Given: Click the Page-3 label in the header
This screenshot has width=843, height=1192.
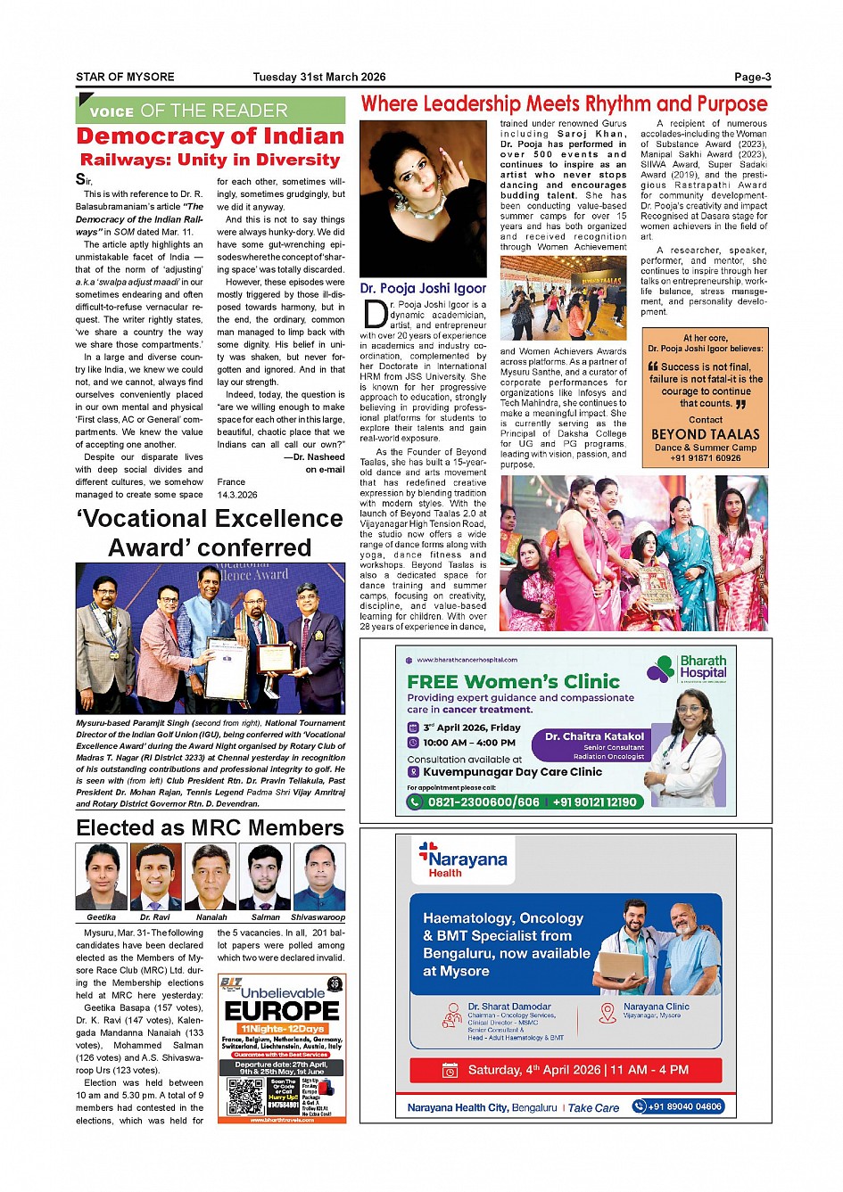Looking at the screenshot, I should pos(752,78).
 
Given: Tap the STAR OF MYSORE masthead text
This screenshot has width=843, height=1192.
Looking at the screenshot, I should pos(125,78).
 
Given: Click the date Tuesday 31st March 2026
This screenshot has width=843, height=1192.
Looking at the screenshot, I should pos(318,78).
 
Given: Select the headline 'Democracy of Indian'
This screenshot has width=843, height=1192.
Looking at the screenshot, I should pos(210,136).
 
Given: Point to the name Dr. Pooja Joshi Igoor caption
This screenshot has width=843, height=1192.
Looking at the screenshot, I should pos(423,288).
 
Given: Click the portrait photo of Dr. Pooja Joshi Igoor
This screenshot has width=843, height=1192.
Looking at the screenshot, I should pos(423,199).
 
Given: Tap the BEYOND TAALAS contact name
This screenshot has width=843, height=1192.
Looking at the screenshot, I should pos(705,434).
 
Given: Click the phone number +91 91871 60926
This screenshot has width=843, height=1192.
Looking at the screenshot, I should pos(705,458).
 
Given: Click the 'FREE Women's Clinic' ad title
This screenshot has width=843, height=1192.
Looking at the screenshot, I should pos(513,681).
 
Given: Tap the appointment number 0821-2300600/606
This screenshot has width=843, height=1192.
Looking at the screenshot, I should pos(473,802).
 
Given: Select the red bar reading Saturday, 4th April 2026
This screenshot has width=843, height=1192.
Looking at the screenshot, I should pos(566,1070).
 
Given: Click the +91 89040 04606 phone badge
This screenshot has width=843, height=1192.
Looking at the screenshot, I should pos(678,1106).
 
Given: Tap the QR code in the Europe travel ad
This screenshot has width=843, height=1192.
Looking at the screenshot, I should pos(245,1096).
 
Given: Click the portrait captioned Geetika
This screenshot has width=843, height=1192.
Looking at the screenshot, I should pos(101,877).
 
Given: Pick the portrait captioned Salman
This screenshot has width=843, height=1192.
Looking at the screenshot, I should pos(265,877).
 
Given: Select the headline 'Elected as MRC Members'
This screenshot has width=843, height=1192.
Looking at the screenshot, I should pos(210,827).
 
